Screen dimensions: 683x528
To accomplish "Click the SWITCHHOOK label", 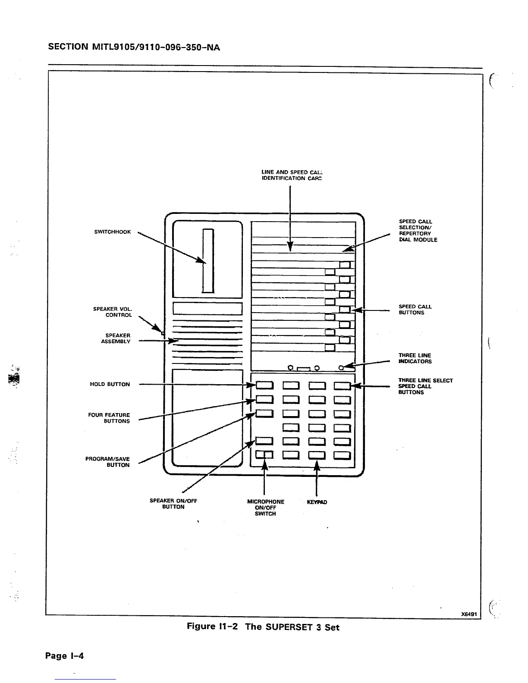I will point(112,232).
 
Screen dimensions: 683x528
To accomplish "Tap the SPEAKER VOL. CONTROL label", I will point(113,312).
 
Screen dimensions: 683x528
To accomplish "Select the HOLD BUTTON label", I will point(110,384).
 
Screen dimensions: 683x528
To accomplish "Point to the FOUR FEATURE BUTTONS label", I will point(109,418).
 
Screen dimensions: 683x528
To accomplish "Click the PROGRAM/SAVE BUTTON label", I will point(107,462).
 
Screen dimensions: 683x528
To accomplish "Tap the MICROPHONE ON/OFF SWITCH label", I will point(265,508).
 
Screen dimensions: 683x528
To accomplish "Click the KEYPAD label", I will point(317,502).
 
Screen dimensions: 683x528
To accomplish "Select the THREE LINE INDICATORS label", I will point(415,358).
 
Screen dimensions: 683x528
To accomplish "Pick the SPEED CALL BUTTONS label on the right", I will point(415,310).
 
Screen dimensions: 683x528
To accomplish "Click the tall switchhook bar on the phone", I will point(209,261).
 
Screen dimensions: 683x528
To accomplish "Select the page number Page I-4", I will point(64,656).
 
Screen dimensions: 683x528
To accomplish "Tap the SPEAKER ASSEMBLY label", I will point(116,338).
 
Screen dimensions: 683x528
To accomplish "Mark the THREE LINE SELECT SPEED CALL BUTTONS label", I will point(425,386).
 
